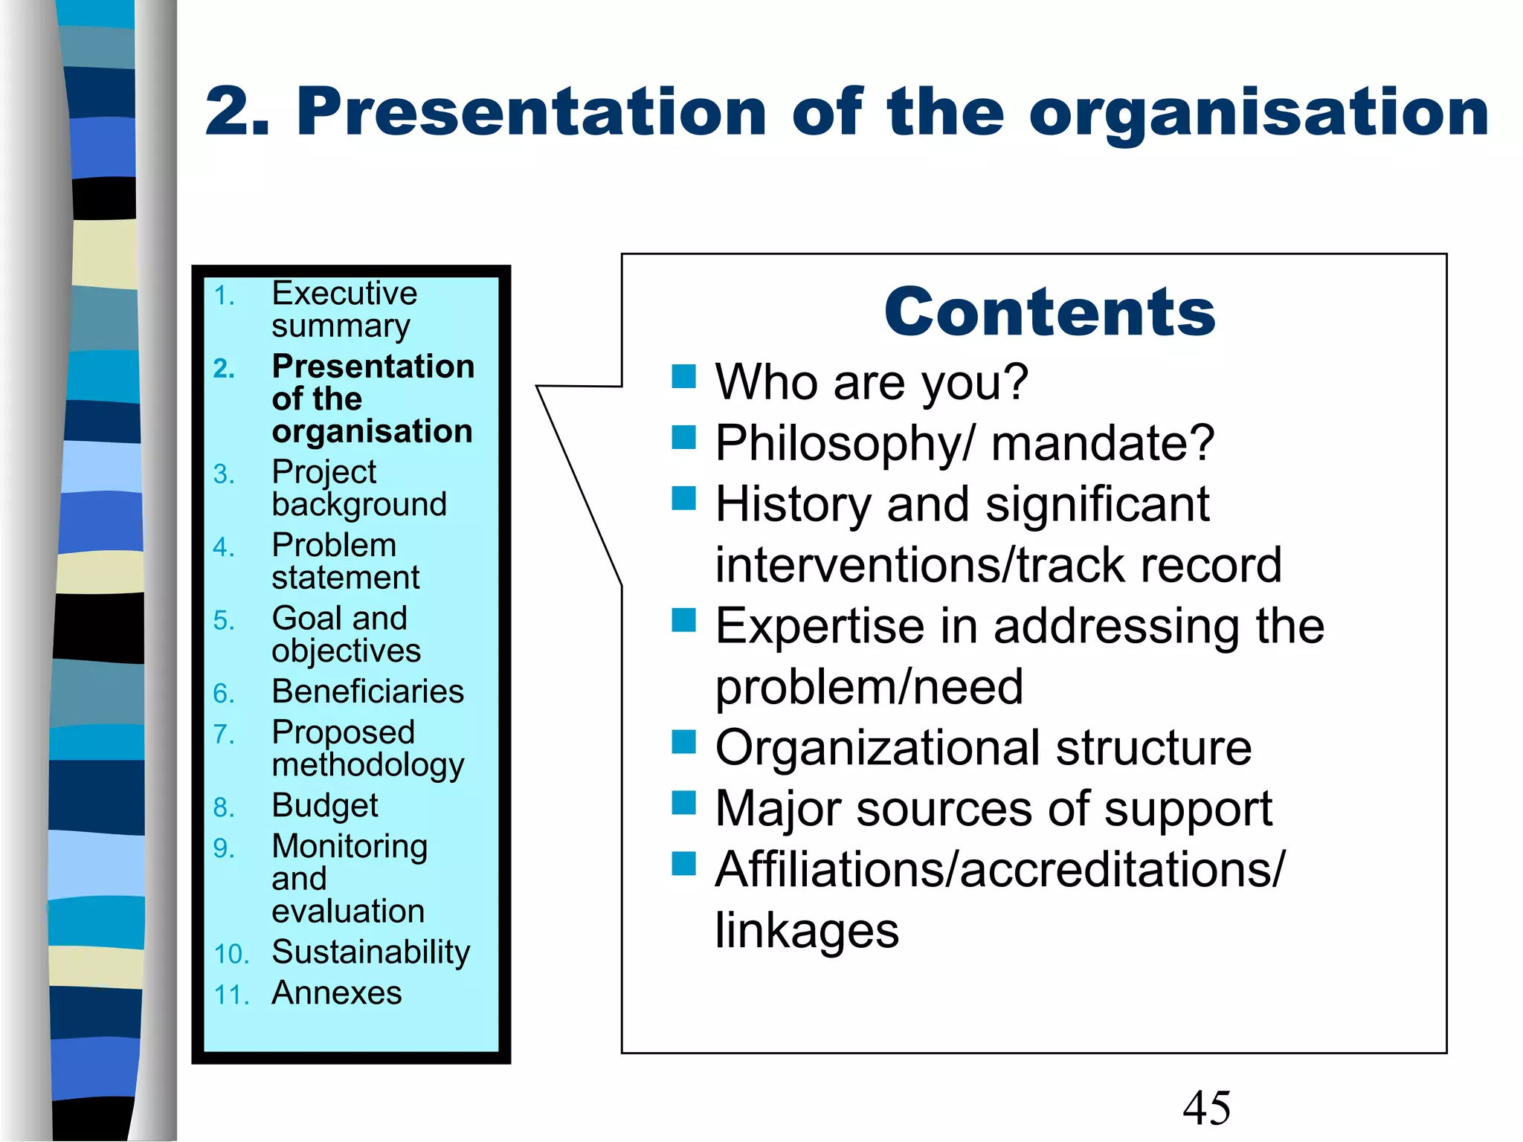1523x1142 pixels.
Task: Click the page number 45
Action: coord(1206,1108)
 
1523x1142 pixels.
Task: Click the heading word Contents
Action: coord(1049,312)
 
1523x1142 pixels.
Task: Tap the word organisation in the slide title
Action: coord(1259,113)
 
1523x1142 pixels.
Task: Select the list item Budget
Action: coord(325,806)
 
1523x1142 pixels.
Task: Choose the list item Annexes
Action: coord(337,993)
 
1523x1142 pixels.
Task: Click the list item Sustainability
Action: coord(371,952)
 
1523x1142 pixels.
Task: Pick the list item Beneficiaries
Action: coord(368,692)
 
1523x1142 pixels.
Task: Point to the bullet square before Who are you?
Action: coord(683,377)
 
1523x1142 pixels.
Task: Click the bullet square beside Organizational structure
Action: coord(683,742)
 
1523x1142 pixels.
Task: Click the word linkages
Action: coord(807,931)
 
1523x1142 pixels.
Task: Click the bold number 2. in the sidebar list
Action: coord(224,369)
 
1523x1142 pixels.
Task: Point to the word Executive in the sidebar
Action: coord(344,294)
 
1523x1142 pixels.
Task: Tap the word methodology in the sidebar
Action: coord(368,766)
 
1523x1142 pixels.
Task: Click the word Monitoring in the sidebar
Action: coord(350,847)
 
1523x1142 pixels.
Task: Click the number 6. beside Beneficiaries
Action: coord(223,694)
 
